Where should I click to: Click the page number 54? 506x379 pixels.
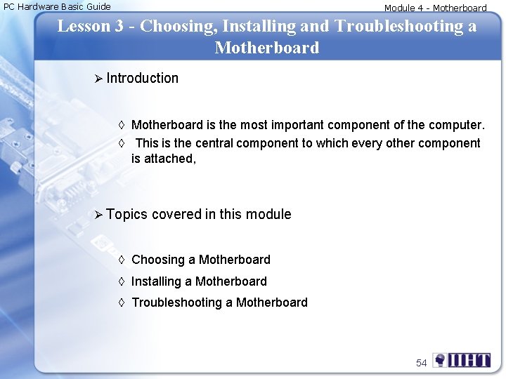421,363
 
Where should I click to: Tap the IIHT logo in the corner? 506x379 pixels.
462,361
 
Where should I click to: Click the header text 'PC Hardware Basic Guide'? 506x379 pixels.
57,6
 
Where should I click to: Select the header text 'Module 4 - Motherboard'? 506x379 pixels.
435,8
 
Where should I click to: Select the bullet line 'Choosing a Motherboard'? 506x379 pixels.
200,260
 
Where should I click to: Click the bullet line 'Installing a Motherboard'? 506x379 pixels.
199,281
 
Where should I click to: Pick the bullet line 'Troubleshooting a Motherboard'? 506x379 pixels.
219,302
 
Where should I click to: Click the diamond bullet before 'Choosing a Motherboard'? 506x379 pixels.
122,260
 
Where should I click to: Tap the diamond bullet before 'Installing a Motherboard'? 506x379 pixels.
122,281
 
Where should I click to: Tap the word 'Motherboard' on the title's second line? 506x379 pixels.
266,48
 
